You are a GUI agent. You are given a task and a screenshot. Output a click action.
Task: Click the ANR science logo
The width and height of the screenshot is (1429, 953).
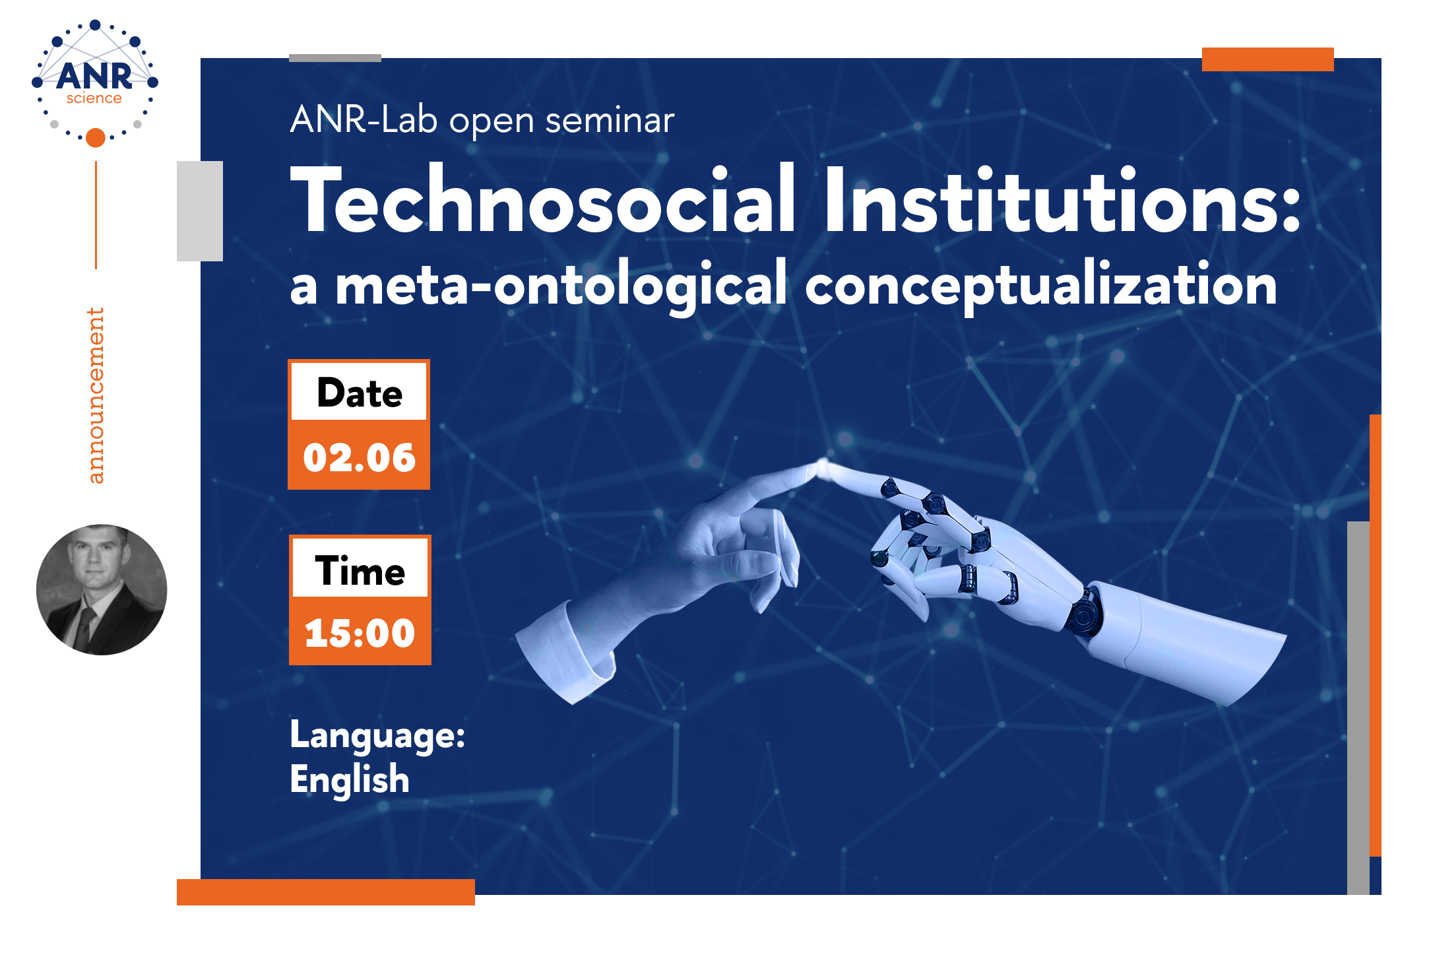pyautogui.click(x=95, y=83)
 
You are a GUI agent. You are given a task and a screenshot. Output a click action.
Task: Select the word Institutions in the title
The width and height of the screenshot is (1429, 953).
pyautogui.click(x=1063, y=199)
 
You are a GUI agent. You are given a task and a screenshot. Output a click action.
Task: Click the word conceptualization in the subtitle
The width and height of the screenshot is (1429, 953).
pyautogui.click(x=1041, y=286)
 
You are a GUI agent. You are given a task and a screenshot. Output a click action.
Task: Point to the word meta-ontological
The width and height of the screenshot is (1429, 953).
pyautogui.click(x=561, y=286)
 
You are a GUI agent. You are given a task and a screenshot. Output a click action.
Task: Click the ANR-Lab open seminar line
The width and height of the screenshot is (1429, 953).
pyautogui.click(x=482, y=120)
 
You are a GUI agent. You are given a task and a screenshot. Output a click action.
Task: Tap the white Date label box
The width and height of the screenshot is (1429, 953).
pyautogui.click(x=360, y=392)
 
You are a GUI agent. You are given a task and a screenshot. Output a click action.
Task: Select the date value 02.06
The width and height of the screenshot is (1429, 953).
pyautogui.click(x=360, y=457)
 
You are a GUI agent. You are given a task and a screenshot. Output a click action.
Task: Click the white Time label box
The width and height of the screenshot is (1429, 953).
pyautogui.click(x=360, y=569)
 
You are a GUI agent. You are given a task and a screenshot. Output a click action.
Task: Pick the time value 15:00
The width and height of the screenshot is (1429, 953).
pyautogui.click(x=360, y=633)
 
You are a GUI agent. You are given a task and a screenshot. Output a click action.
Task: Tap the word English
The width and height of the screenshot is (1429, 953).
pyautogui.click(x=350, y=779)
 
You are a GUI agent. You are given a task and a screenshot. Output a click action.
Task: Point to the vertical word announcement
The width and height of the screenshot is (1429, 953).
pyautogui.click(x=96, y=395)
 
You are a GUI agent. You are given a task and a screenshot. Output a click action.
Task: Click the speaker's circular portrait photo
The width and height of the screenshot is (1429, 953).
pyautogui.click(x=102, y=590)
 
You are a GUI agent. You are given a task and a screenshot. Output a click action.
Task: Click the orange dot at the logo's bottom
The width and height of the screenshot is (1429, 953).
pyautogui.click(x=96, y=137)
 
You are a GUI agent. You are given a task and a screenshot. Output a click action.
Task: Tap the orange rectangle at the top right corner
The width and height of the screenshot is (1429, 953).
pyautogui.click(x=1267, y=59)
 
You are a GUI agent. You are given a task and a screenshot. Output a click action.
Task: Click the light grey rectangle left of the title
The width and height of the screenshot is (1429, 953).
pyautogui.click(x=200, y=211)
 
